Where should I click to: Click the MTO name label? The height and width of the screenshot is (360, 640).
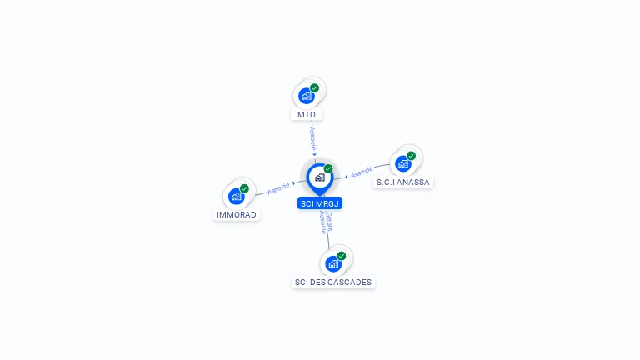point(307,114)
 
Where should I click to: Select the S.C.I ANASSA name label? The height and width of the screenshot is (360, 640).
point(403,182)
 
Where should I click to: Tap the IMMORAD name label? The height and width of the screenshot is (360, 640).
point(237,214)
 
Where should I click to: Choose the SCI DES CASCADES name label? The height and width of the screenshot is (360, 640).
point(333,282)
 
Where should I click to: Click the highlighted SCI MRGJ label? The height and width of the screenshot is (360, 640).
point(320,203)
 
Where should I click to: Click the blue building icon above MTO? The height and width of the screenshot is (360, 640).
point(306,96)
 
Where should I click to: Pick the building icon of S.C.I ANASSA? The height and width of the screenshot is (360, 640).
point(403,163)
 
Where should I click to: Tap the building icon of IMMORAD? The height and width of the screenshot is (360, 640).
point(236,197)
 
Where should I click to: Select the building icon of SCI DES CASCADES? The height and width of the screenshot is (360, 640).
point(333,264)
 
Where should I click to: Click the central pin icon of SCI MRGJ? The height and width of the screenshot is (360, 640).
point(319,177)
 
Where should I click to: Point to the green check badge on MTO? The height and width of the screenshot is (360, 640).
point(314,87)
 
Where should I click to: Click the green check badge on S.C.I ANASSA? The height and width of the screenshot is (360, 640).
point(411,156)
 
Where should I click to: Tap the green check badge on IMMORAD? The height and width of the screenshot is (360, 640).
point(244,188)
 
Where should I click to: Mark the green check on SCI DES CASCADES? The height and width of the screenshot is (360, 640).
point(341,256)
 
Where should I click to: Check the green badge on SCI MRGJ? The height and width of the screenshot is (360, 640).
point(328,168)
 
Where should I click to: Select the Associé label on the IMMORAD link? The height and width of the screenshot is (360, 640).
point(278,188)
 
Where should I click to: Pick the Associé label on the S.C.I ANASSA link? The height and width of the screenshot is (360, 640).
point(362,172)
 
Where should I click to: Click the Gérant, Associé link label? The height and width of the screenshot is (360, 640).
point(326,222)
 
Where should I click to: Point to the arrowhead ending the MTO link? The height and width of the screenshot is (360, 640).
point(314,154)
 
